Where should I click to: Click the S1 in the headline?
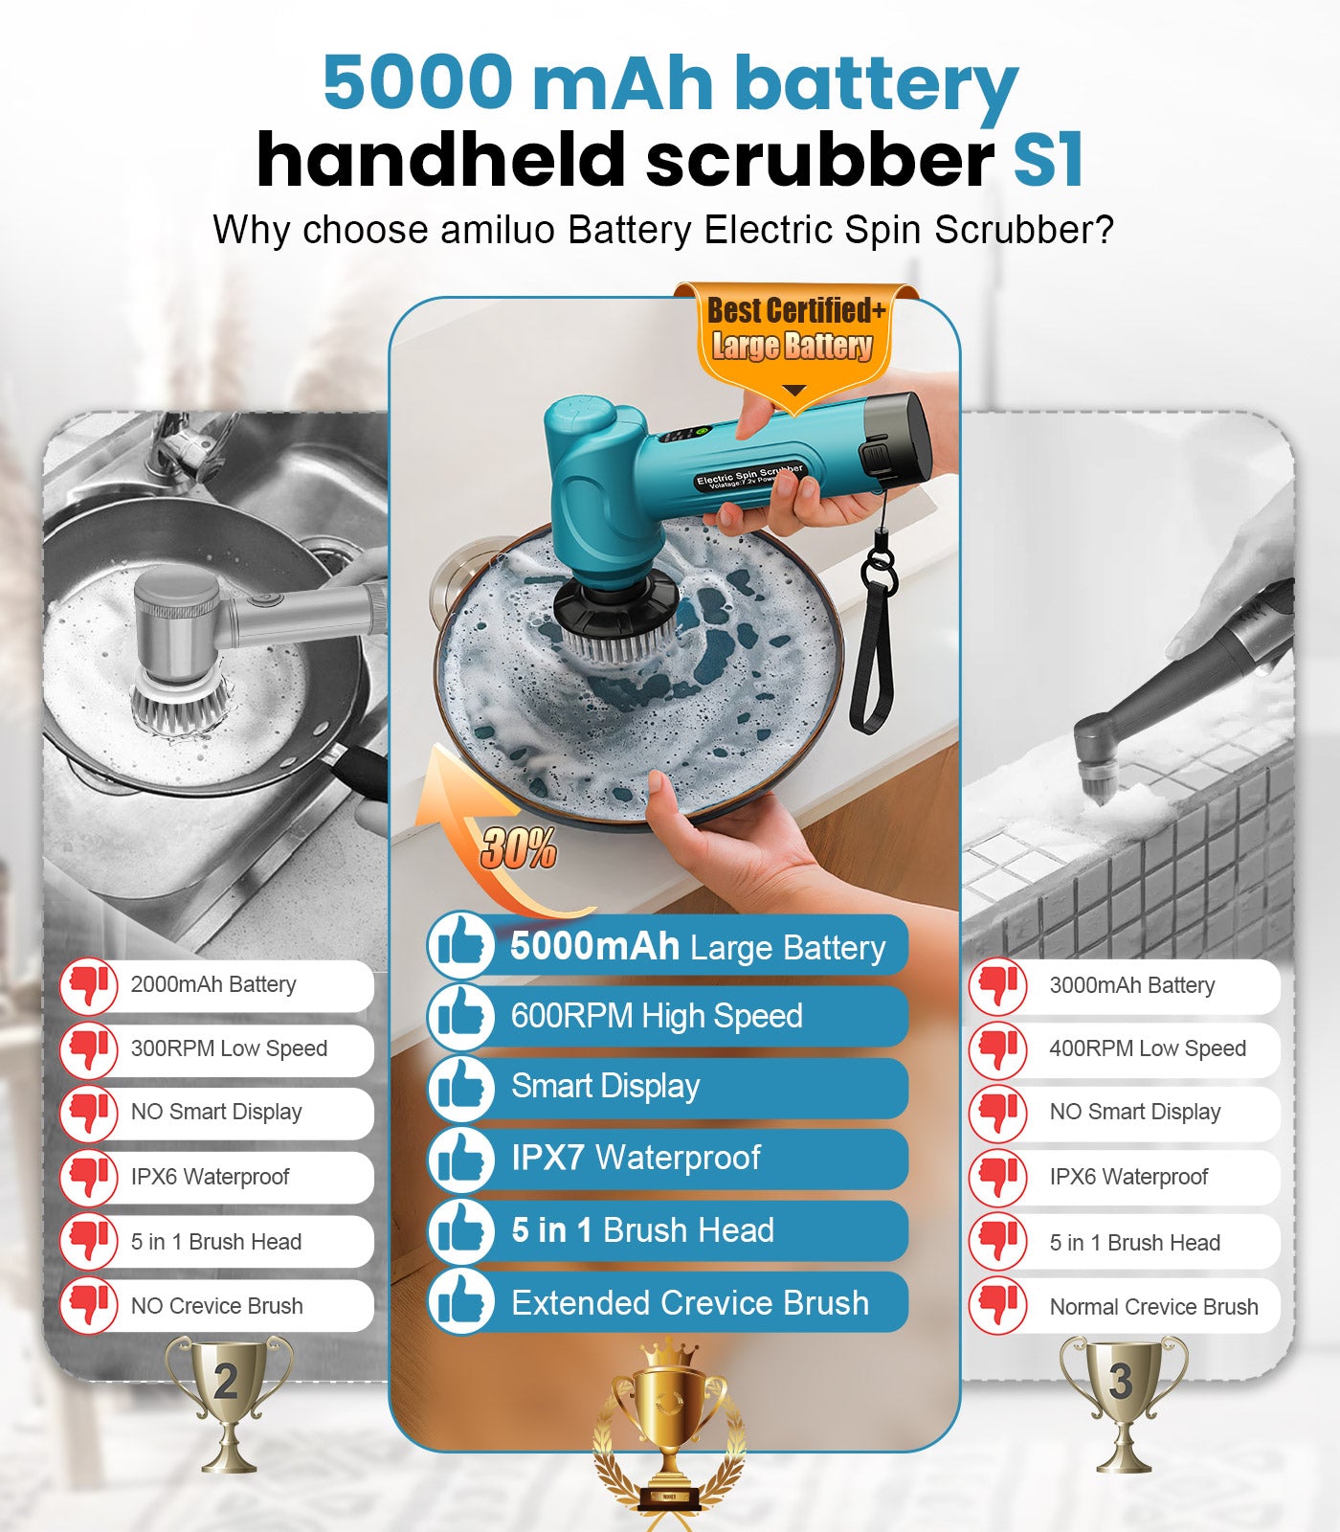[1048, 160]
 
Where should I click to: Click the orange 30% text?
[518, 849]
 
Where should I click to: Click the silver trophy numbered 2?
[228, 1398]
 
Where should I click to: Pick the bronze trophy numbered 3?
[1122, 1398]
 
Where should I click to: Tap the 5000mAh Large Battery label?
[697, 947]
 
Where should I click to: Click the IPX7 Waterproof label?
[636, 1159]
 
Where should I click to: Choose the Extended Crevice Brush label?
[689, 1303]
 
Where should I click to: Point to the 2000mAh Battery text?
[213, 984]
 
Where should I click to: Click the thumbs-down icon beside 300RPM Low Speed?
[89, 1048]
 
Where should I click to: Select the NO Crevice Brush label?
[216, 1306]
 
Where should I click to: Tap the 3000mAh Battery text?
[1131, 985]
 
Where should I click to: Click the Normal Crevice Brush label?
[1153, 1307]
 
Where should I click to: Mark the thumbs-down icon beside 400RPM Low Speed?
[997, 1048]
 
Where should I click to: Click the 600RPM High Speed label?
[657, 1016]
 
